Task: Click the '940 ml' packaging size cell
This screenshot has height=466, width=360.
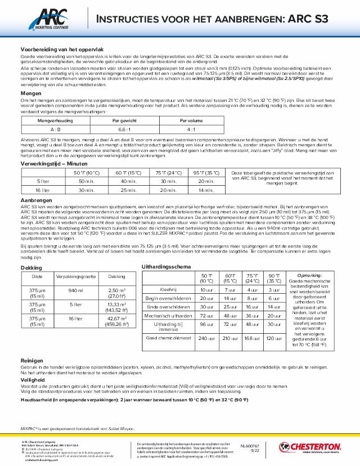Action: [75, 290]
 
